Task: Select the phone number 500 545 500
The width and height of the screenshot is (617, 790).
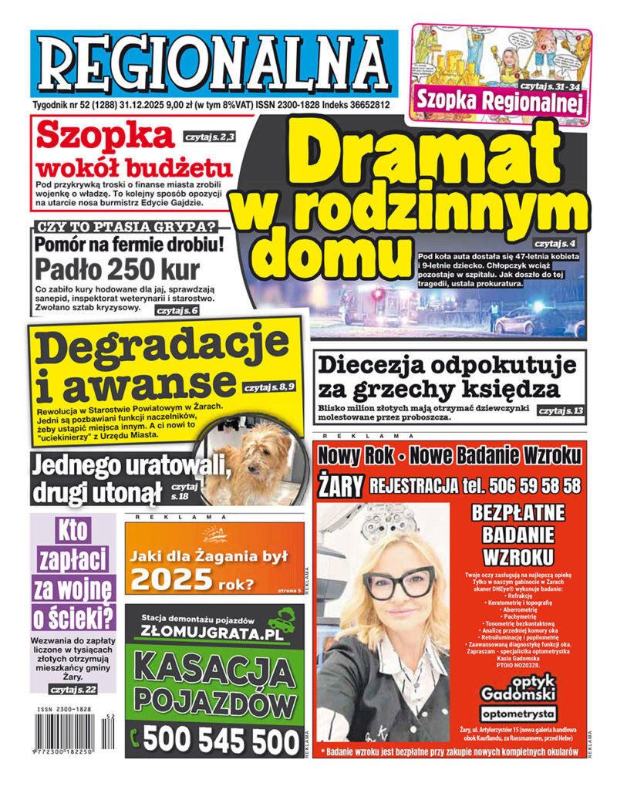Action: pos(221,741)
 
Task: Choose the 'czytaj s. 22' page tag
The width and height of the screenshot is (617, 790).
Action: pos(73,689)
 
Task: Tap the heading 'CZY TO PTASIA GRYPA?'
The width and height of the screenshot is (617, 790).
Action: pos(123,229)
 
